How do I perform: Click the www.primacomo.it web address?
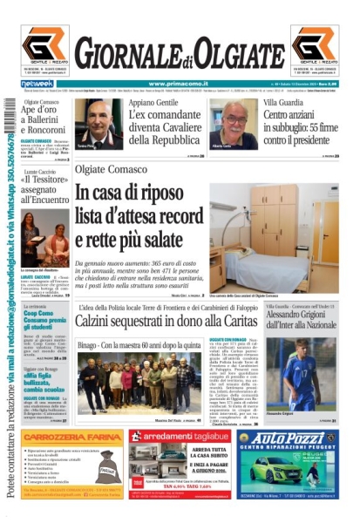179,83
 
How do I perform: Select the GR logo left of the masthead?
44,47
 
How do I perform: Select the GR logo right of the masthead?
315,47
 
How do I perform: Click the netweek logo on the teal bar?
32,83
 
